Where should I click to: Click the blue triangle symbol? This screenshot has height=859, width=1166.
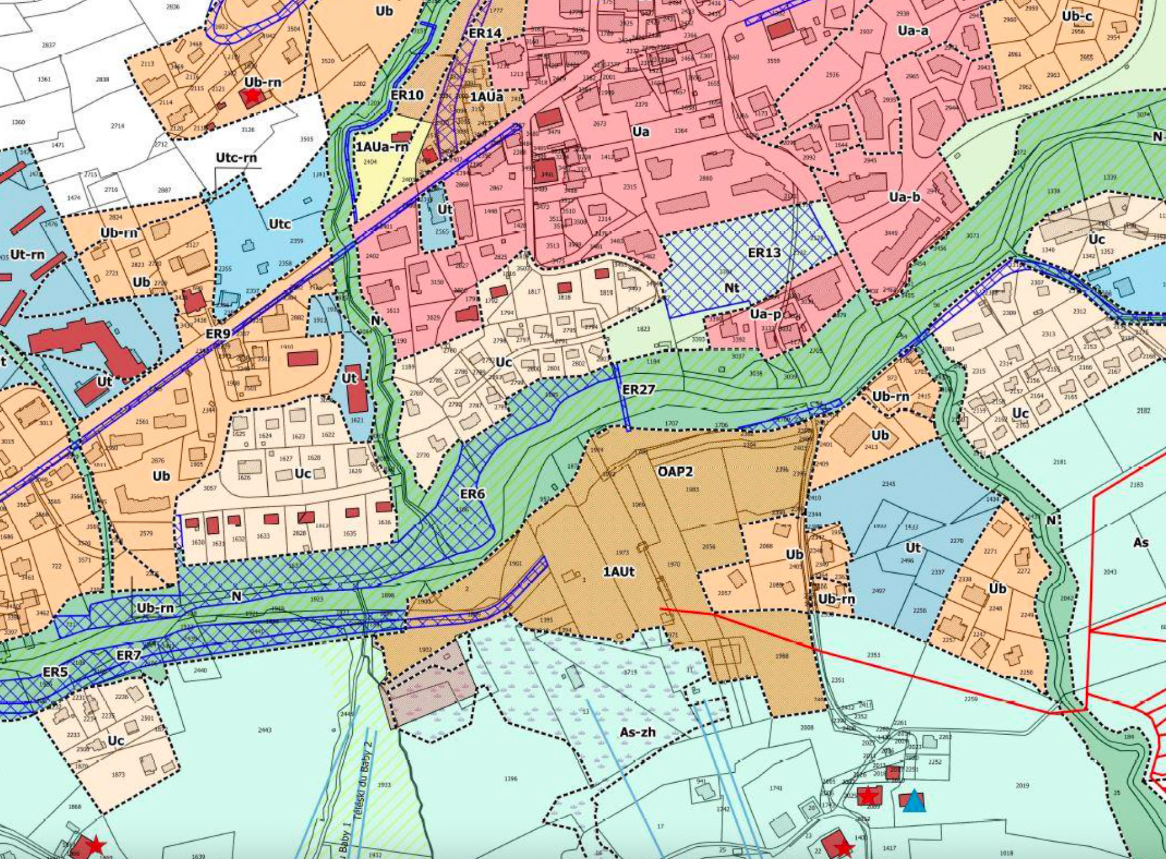point(914,802)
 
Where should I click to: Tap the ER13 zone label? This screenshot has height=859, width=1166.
point(764,253)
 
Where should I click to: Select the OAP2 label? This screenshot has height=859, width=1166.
point(675,471)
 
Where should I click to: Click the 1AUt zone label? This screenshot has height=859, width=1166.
point(619,572)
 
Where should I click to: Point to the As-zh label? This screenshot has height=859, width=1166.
point(637,732)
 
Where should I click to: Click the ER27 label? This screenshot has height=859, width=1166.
point(639,389)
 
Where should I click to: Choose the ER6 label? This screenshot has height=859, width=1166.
point(473,494)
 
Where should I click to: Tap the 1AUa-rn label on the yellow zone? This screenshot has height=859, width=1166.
point(382,147)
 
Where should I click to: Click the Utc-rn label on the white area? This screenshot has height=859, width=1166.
point(236,157)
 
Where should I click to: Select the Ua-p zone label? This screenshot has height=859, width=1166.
point(765,314)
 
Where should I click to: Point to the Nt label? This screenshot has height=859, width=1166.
point(732,287)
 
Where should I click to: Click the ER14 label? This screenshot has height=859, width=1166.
point(485,33)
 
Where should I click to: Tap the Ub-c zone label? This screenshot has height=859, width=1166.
point(1077,16)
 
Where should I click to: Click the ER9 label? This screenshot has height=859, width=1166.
point(218,334)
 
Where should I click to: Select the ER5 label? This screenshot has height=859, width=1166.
point(55,672)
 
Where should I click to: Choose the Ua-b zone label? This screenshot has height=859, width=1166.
point(905,197)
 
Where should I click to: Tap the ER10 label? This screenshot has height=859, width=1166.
point(407,94)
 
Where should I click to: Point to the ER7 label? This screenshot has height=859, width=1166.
point(128,655)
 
